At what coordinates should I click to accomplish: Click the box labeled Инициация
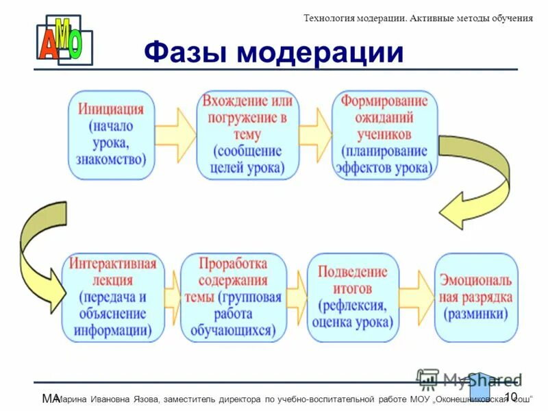point(111,135)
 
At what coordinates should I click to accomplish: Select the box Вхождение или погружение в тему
point(247,135)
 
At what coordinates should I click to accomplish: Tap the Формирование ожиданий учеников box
point(384,135)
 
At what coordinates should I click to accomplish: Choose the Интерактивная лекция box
point(113,297)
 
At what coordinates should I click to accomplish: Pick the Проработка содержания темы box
point(233,297)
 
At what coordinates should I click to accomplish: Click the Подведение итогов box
point(353,297)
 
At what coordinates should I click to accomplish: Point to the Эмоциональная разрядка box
point(475,297)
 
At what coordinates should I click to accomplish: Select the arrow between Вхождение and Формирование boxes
point(315,130)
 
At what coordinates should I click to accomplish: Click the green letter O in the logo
point(75,45)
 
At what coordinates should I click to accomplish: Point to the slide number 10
point(510,397)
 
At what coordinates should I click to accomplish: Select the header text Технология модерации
point(355,18)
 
